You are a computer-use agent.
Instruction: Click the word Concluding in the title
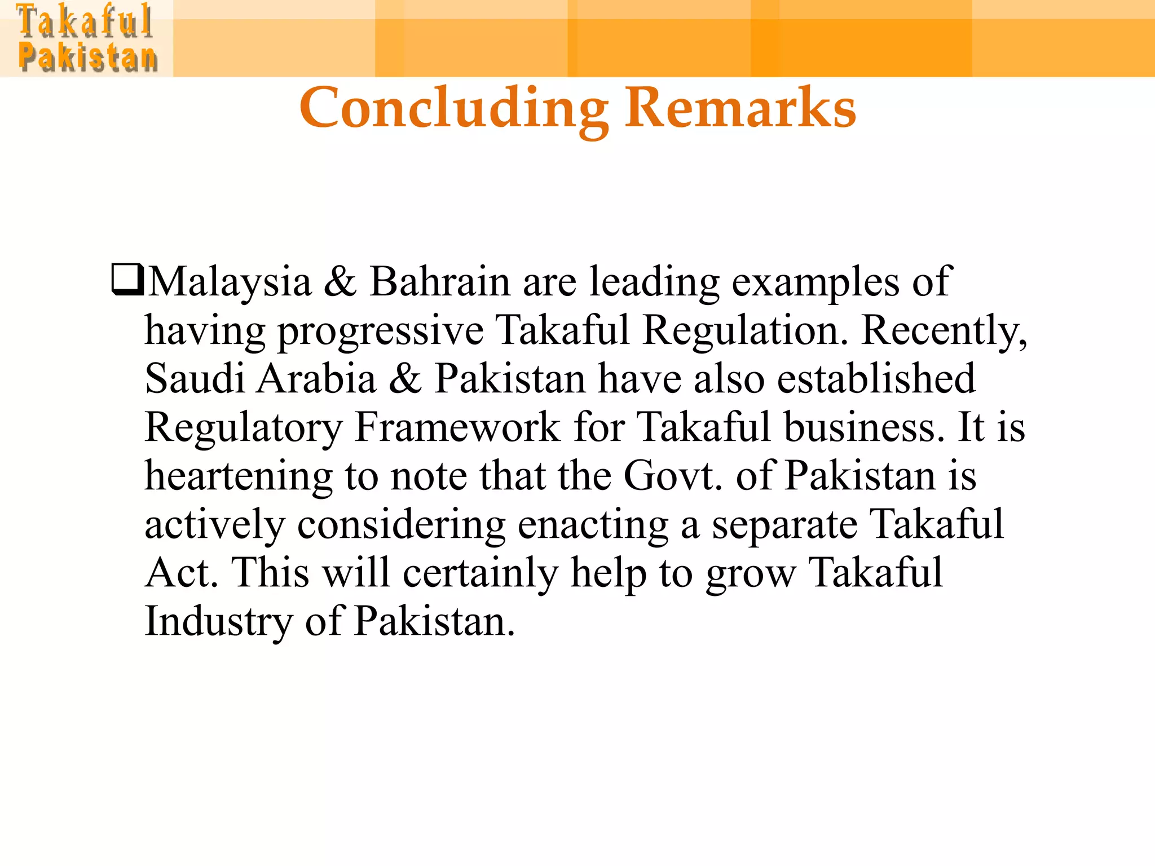click(x=454, y=108)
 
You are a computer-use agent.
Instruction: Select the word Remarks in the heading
click(x=740, y=108)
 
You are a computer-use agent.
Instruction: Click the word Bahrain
click(x=439, y=281)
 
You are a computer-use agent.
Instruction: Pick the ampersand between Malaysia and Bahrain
click(x=340, y=281)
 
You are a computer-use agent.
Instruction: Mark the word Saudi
click(x=195, y=378)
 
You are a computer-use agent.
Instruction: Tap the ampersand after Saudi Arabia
click(x=405, y=378)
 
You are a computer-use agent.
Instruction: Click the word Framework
click(x=457, y=427)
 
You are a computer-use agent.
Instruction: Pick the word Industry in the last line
click(x=218, y=621)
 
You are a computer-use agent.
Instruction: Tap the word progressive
click(x=381, y=330)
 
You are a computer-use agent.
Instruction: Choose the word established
click(x=876, y=378)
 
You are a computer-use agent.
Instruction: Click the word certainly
click(x=480, y=572)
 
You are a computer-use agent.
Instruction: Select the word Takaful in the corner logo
click(x=85, y=21)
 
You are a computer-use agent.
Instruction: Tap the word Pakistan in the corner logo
click(x=87, y=58)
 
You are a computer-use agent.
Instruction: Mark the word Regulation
click(x=745, y=330)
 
